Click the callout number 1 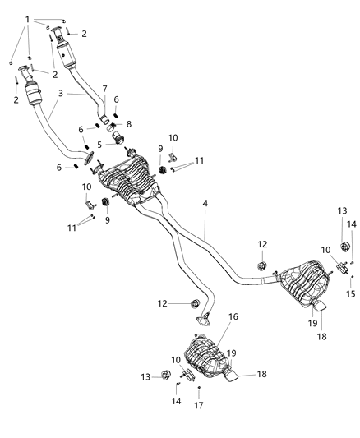click(x=28, y=19)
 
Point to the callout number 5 click(x=99, y=145)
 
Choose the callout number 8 click(x=129, y=124)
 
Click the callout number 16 click(x=233, y=316)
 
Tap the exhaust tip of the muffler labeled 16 click(x=233, y=377)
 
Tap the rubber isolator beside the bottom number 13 click(x=165, y=376)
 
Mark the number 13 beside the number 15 click(x=343, y=211)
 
